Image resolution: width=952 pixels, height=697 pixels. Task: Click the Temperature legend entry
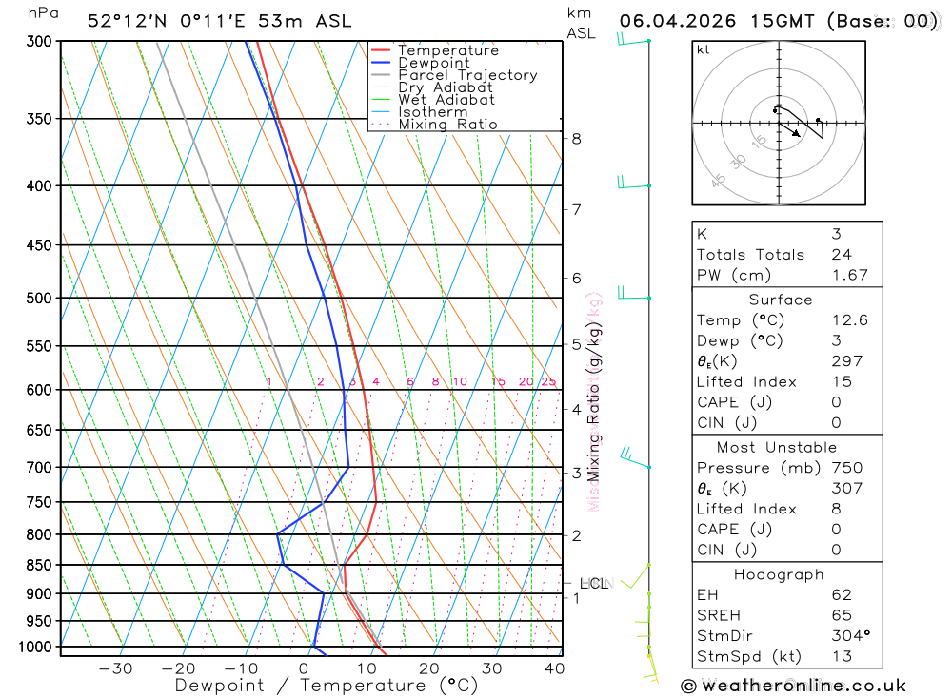click(447, 50)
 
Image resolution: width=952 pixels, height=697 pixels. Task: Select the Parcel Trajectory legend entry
click(467, 75)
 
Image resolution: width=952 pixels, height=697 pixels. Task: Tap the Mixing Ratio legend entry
click(447, 125)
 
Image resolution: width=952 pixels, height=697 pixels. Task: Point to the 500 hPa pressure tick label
click(39, 298)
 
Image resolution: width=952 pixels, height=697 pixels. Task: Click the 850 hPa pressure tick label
click(39, 565)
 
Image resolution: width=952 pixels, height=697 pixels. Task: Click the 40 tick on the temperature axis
click(554, 668)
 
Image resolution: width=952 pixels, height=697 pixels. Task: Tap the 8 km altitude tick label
click(576, 139)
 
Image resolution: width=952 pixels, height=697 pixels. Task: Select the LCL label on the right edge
click(593, 583)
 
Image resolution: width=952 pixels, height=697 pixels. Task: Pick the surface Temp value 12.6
click(849, 320)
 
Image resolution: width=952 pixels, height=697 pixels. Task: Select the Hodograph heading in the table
click(780, 574)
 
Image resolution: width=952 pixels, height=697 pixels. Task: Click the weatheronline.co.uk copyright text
click(793, 685)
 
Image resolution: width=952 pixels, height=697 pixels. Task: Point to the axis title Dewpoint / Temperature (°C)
click(326, 685)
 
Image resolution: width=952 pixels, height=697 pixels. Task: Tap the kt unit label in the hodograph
click(703, 49)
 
